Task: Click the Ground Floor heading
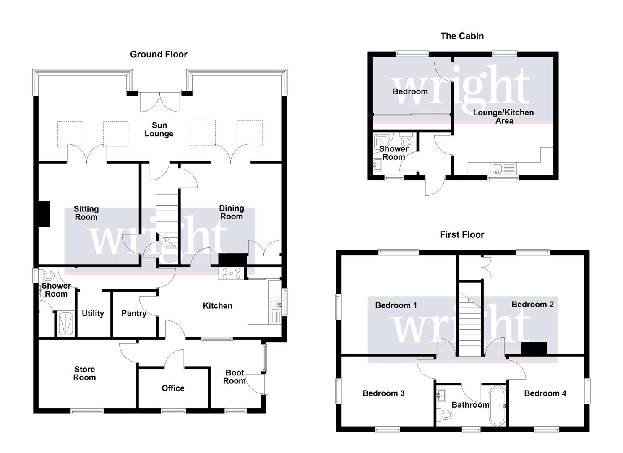tap(159, 54)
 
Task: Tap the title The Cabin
tap(462, 36)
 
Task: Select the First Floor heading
tap(462, 234)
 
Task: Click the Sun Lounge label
tap(159, 129)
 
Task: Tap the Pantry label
tap(134, 313)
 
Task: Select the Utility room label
tap(93, 313)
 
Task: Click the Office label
tap(173, 388)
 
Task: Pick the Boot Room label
tap(235, 377)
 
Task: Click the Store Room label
tap(85, 373)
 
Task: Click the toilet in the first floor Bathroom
tap(445, 415)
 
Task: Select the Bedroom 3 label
tap(383, 393)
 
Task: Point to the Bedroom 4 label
tap(545, 393)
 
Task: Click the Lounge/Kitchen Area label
tap(503, 117)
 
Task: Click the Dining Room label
tap(232, 212)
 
